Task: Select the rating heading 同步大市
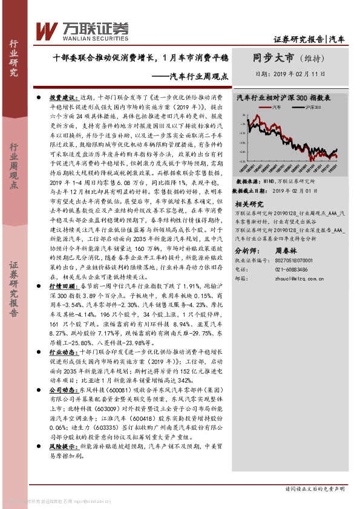(x=273, y=58)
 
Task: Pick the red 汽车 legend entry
(x=271, y=107)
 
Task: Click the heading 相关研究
(x=249, y=204)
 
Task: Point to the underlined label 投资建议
(x=61, y=97)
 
